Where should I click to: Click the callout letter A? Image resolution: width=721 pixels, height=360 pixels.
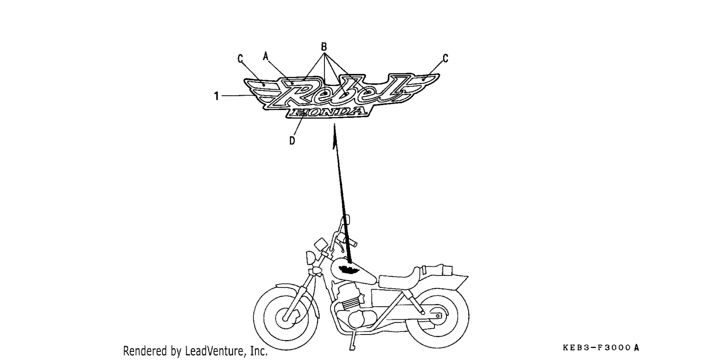tap(265, 56)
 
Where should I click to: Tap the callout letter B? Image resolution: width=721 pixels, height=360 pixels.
tap(324, 47)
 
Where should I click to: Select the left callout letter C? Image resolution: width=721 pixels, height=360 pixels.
tap(240, 59)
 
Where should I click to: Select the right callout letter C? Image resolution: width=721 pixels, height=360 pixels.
tap(446, 59)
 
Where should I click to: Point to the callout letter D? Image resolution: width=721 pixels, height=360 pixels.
tap(292, 141)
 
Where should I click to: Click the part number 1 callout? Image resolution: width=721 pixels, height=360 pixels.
tap(217, 96)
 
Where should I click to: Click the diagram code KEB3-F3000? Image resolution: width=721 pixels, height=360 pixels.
tap(597, 348)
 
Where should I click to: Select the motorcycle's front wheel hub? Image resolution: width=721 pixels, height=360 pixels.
tap(285, 318)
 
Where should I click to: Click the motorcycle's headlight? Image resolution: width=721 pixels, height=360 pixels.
tap(311, 258)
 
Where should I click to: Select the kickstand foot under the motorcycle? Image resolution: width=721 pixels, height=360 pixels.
tap(352, 348)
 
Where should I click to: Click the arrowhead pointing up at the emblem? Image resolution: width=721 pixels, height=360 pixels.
tap(335, 136)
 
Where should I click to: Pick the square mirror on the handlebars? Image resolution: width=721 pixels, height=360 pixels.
tap(321, 245)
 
